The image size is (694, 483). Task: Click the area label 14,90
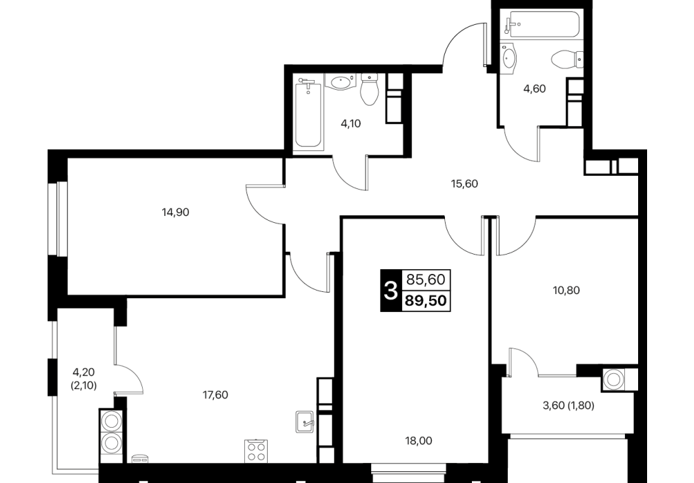(175, 213)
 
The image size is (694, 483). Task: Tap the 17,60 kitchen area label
(215, 395)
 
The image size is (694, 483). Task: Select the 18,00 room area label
(419, 441)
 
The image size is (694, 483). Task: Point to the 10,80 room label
(566, 290)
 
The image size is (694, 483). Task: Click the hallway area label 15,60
(464, 184)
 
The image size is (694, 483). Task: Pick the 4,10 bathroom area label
(350, 124)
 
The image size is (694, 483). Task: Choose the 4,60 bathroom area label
(535, 88)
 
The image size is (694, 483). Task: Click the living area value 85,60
(426, 279)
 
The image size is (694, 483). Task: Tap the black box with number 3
(390, 290)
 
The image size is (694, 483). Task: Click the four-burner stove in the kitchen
(256, 451)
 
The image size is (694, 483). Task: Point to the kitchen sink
(304, 422)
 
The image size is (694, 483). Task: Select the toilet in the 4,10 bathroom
(369, 89)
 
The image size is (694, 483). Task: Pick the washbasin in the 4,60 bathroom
(509, 57)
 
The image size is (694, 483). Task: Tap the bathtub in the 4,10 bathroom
(308, 113)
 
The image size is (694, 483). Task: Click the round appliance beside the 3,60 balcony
(613, 379)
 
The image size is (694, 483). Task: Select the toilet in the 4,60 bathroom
(568, 59)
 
